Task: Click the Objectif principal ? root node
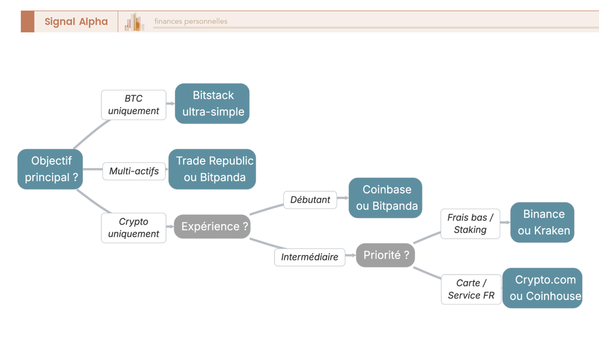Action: (x=51, y=169)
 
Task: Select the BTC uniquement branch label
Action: (x=133, y=105)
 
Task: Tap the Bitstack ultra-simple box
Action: (x=212, y=103)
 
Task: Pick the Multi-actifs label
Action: (x=134, y=171)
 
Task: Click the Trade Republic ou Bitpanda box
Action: (x=212, y=169)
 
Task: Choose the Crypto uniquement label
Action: (x=133, y=228)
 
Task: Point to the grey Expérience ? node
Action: (x=212, y=226)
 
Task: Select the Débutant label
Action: (x=310, y=200)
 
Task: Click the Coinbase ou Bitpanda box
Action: (x=385, y=198)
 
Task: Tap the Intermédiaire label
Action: (x=309, y=257)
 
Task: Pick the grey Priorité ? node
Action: (x=385, y=255)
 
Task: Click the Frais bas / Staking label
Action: (x=470, y=224)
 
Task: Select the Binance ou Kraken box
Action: (x=543, y=222)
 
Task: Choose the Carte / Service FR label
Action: (x=471, y=289)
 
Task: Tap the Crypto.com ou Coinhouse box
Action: (x=543, y=288)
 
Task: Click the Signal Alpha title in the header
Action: (x=76, y=21)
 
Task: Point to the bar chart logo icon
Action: (x=134, y=22)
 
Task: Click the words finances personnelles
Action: (x=191, y=21)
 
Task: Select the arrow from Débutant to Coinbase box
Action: (x=343, y=198)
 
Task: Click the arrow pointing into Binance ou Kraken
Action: (x=505, y=222)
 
